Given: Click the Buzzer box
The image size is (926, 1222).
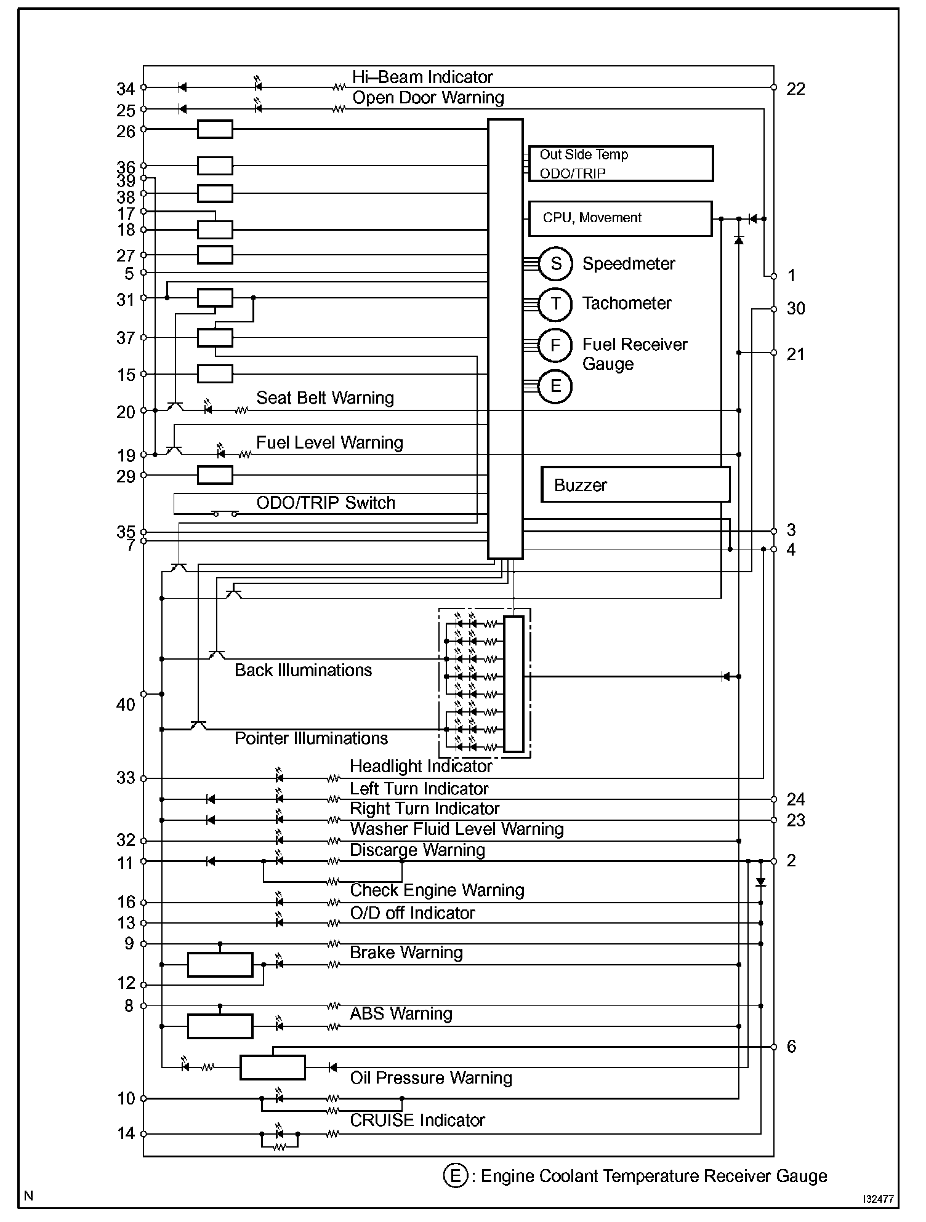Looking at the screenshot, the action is pos(635,484).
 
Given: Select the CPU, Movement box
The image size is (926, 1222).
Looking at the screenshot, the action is pos(621,218).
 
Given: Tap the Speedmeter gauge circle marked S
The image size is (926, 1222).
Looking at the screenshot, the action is pos(556,263).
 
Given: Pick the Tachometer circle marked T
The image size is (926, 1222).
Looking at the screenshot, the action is pos(556,303).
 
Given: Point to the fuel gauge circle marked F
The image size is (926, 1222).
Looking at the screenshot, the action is pos(555,346).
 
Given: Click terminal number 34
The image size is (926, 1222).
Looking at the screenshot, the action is pos(126,89).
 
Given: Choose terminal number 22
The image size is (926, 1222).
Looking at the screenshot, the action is pos(795,89).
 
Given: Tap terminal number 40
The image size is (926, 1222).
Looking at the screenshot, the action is pos(126,705).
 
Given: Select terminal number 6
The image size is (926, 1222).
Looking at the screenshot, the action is pos(792,1046).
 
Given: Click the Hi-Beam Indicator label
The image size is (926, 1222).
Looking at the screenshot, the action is pos(422,77).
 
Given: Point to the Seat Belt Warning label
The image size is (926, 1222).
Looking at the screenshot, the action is pos(325,397).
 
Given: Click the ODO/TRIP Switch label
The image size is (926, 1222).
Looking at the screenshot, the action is pos(326,503).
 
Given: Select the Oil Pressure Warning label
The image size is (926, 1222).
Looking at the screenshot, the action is pos(431,1077).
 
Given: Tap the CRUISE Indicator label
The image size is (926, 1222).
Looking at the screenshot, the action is pos(417,1120).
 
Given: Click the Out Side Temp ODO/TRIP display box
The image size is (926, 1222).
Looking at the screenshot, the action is pos(621,164).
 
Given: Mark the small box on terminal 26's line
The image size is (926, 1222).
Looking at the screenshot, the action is pos(215,129).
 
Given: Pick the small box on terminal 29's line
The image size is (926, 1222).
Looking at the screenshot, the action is pos(215,475).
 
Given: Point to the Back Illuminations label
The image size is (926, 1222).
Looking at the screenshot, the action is pos(304,670).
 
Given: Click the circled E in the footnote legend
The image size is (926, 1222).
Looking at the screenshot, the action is pos(454,1176).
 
